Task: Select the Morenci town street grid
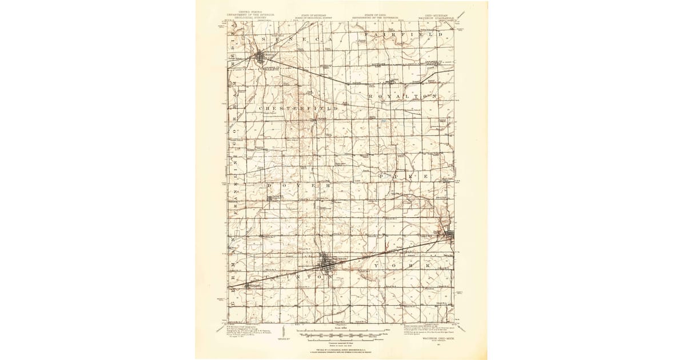(x=263, y=57)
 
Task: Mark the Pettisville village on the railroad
(x=248, y=286)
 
